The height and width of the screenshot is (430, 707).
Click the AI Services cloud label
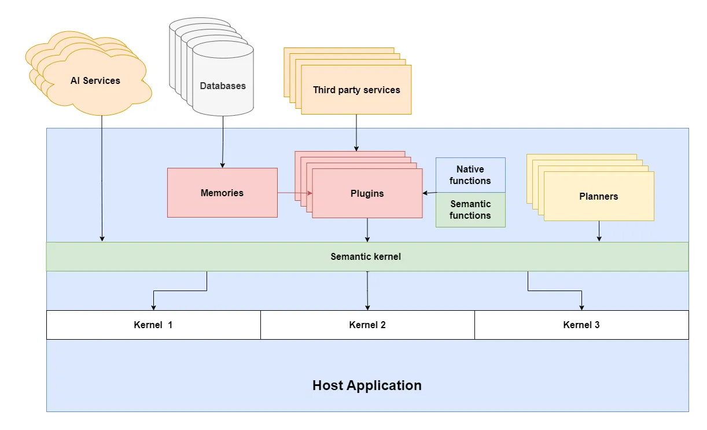95,81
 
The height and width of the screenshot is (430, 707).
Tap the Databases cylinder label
223,86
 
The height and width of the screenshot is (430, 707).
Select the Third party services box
356,90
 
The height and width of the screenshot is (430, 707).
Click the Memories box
222,193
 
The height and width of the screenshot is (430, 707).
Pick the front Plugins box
367,193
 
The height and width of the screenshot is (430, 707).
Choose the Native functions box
470,175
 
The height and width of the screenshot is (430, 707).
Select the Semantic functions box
470,210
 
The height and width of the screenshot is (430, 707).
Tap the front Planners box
599,196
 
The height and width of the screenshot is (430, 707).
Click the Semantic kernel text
366,256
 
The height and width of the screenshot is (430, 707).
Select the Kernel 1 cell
153,325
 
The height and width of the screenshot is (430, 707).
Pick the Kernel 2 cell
367,325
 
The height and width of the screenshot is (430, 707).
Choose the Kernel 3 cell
581,325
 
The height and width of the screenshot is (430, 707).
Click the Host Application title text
367,385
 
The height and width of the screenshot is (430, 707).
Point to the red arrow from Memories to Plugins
294,193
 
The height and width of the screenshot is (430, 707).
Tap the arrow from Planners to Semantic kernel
599,231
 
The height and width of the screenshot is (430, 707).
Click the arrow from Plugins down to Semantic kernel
367,230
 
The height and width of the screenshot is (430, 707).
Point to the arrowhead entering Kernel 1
153,307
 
